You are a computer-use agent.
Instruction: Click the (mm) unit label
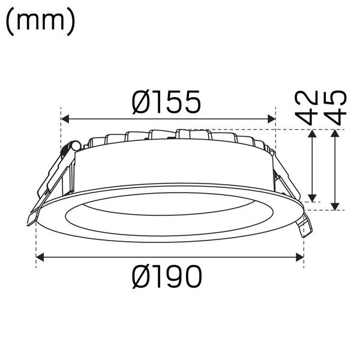[x=40, y=21]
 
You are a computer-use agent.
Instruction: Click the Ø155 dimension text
[x=166, y=103]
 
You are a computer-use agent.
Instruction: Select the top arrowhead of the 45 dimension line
[x=336, y=134]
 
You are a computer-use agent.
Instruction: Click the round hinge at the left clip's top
[x=73, y=146]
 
